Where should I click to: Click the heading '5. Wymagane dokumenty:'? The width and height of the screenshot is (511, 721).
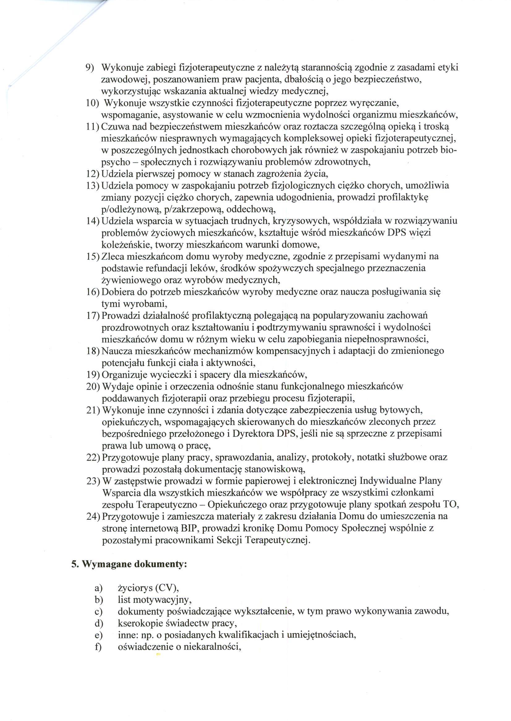(x=129, y=564)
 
